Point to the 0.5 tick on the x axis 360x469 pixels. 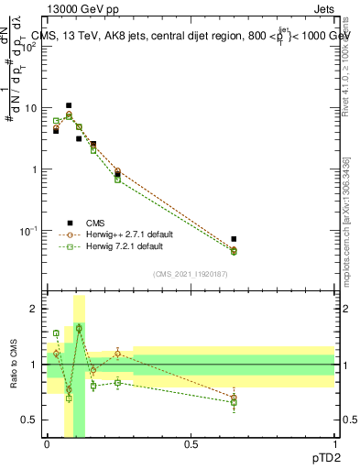[x=191, y=444]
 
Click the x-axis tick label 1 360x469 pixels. [x=334, y=444]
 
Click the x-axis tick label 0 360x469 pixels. [x=47, y=444]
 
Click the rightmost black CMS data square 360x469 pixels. [x=234, y=239]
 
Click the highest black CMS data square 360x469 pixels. [x=69, y=105]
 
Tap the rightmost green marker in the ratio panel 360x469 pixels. [x=234, y=402]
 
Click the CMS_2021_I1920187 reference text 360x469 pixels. [x=191, y=274]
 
